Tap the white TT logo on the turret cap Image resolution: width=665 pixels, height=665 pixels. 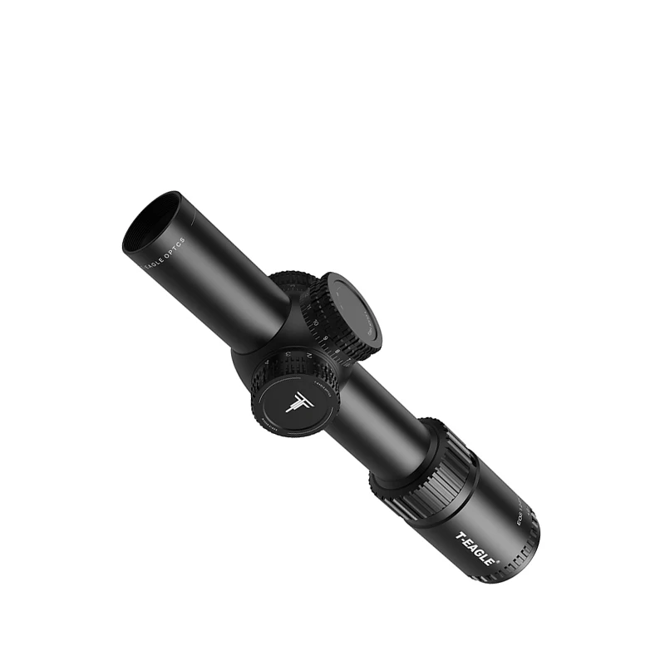pyautogui.click(x=297, y=400)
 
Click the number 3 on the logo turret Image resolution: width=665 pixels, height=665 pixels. pyautogui.click(x=288, y=355)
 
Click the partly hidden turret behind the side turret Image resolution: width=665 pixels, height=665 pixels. pyautogui.click(x=287, y=283)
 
